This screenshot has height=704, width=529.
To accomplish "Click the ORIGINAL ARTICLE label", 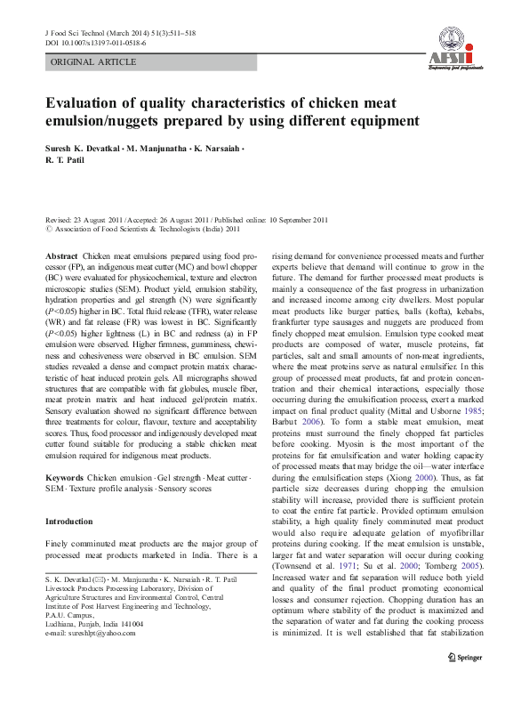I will (93, 62).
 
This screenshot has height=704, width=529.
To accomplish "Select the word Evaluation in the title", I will (85, 101).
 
